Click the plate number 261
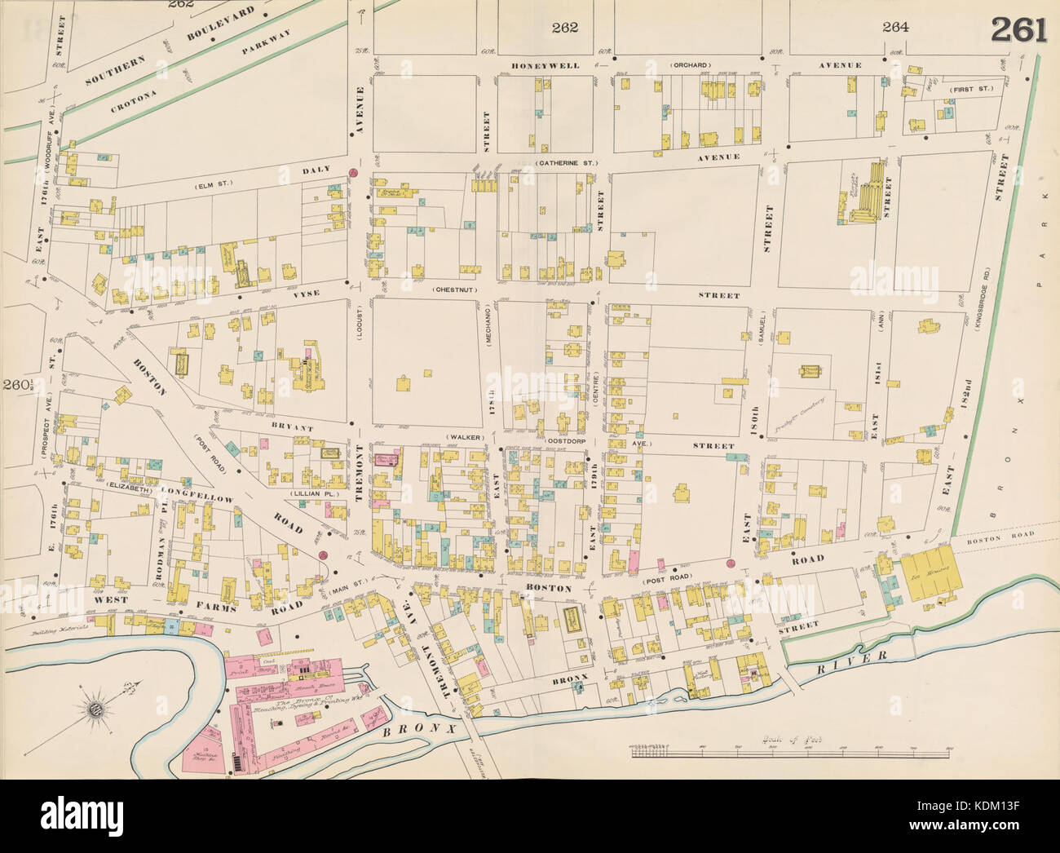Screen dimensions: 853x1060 point(1018,29)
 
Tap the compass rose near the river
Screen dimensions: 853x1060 point(96,706)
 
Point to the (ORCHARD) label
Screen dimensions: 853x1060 point(692,65)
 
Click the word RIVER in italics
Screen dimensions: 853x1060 point(862,656)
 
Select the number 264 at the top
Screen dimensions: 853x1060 point(895,27)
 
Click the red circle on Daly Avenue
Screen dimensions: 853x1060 point(352,173)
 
